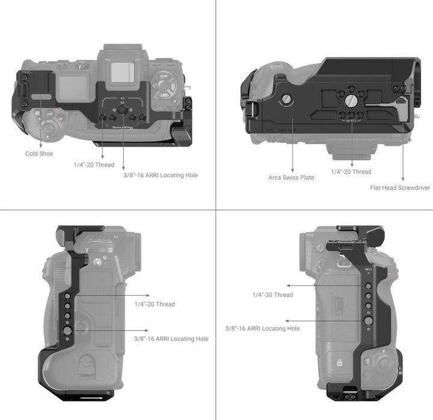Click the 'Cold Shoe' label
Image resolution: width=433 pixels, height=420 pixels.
coord(39,154)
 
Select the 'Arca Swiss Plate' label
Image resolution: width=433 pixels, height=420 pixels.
coord(291,178)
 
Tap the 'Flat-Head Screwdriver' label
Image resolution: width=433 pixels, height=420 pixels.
coord(400,188)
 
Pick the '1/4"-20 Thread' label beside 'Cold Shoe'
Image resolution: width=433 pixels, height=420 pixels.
coord(94,164)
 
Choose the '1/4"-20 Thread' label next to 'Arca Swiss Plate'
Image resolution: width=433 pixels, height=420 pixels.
coord(351,172)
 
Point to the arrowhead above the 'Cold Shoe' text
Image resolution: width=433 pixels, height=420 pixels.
coord(43,144)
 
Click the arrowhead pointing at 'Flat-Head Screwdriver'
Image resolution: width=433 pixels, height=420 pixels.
coord(402,179)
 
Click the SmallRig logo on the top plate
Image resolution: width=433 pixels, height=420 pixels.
coord(123,127)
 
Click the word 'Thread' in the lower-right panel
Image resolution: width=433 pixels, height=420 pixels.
coord(283,295)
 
